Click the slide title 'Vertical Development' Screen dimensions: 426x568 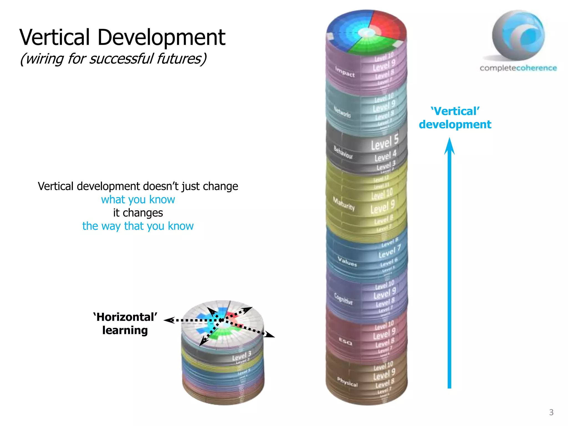tap(122, 37)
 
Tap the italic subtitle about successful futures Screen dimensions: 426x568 tap(113, 59)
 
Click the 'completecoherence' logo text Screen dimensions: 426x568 tap(518, 68)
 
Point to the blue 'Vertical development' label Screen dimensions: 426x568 tap(455, 118)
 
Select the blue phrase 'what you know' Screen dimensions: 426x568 tap(138, 200)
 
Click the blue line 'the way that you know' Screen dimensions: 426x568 tap(138, 226)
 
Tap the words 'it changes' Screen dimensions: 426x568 tap(138, 213)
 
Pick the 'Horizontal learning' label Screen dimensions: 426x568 tap(125, 324)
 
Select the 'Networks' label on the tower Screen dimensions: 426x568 tap(342, 112)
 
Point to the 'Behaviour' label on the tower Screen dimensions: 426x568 tap(343, 152)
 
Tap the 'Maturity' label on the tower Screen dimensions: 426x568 tap(344, 204)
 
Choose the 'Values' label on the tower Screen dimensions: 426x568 tap(347, 262)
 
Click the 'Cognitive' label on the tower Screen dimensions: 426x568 tap(343, 299)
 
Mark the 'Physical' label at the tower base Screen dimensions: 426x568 tap(347, 382)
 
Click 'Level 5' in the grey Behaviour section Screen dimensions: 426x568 tap(385, 142)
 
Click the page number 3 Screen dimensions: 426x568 tap(551, 412)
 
